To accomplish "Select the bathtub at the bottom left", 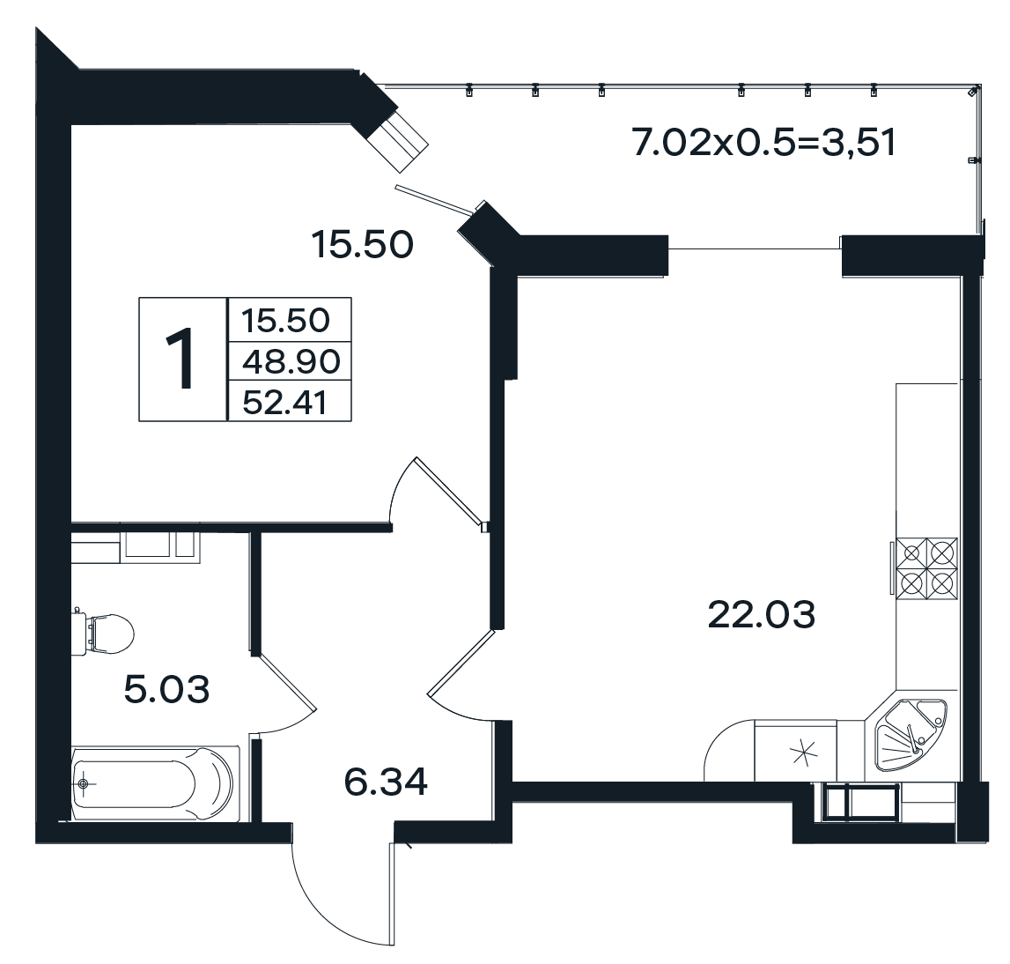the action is [155, 783].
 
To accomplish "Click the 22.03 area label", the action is [762, 614].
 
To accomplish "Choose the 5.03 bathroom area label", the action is [166, 689].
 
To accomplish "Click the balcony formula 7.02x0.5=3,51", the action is [764, 143].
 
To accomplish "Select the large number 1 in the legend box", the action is [183, 359].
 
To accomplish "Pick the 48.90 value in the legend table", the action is [291, 361].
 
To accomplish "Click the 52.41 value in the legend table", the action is [284, 403].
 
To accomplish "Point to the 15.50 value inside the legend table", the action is [284, 320].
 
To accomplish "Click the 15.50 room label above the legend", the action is [362, 245].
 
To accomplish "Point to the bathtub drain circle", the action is [83, 783].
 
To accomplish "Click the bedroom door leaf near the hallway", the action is [448, 492].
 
